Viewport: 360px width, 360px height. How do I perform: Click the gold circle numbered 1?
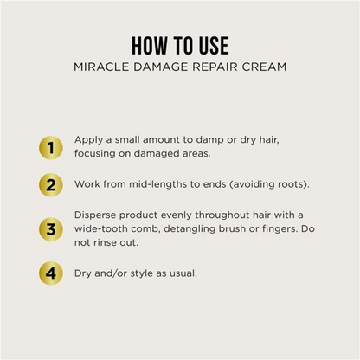(51, 148)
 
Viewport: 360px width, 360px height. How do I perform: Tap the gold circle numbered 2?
(51, 185)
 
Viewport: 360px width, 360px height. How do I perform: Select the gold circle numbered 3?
(51, 229)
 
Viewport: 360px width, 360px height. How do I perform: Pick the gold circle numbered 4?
(51, 273)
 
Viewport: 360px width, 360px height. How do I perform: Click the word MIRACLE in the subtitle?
(101, 67)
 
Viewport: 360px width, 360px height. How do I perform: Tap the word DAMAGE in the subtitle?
(160, 67)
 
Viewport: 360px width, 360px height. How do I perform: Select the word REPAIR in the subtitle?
(215, 67)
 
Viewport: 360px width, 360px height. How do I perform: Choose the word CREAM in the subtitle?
(264, 67)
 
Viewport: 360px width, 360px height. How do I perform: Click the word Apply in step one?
(88, 140)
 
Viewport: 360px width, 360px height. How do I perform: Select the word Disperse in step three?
(95, 215)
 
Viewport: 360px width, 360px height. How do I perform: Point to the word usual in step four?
(183, 273)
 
